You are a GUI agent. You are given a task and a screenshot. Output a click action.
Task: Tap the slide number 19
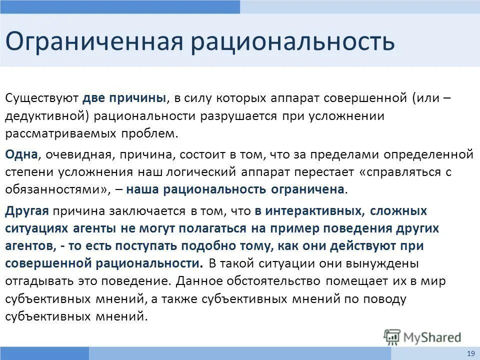[470, 353]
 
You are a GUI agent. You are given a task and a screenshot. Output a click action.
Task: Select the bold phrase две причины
[124, 97]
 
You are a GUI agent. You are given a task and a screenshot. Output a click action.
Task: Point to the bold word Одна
[21, 153]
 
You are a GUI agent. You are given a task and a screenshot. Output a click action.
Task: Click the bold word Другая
[26, 210]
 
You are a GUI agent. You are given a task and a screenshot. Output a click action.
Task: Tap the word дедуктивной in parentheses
[47, 116]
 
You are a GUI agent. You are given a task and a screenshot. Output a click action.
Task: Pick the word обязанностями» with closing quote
[54, 190]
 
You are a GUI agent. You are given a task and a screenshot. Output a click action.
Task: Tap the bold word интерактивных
[315, 210]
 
